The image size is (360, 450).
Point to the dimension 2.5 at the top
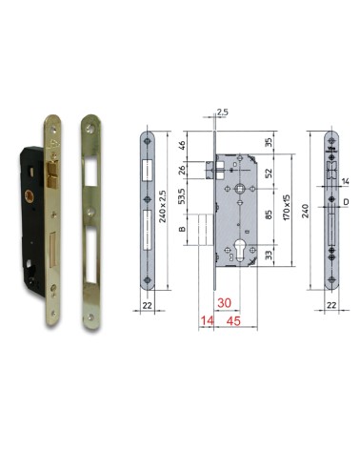click(x=222, y=112)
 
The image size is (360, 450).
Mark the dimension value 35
click(x=270, y=142)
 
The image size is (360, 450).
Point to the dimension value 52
click(x=270, y=174)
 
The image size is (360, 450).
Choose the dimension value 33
click(x=270, y=256)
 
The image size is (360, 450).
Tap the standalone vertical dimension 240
click(x=306, y=213)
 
